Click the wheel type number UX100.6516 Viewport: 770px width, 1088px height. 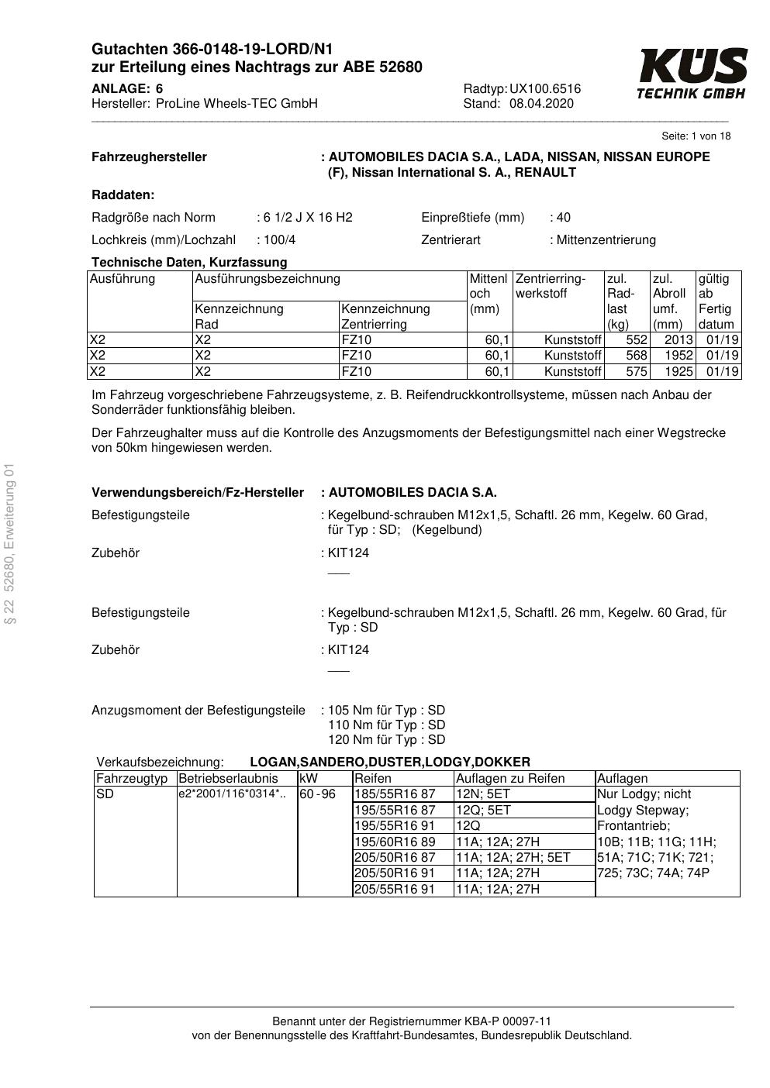[x=545, y=89]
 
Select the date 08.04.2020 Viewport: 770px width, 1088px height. [x=541, y=104]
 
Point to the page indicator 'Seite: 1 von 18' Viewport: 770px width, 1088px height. [x=696, y=136]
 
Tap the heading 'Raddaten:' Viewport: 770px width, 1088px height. [x=123, y=195]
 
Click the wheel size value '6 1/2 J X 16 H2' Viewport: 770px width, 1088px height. [x=307, y=218]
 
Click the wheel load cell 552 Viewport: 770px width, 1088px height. [x=636, y=340]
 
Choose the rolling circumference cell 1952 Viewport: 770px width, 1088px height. [x=678, y=356]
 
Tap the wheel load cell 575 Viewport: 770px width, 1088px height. [x=636, y=371]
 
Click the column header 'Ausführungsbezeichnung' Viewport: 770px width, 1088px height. [x=268, y=279]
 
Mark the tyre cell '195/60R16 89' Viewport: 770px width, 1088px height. [x=395, y=842]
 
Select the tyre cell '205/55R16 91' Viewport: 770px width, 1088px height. [x=395, y=889]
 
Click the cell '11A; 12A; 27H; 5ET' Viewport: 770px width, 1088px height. [x=513, y=857]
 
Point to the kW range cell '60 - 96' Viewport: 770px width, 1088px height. [x=317, y=794]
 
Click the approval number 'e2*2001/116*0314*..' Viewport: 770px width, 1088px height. [x=232, y=794]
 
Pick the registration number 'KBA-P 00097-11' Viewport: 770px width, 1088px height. [x=512, y=1021]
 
